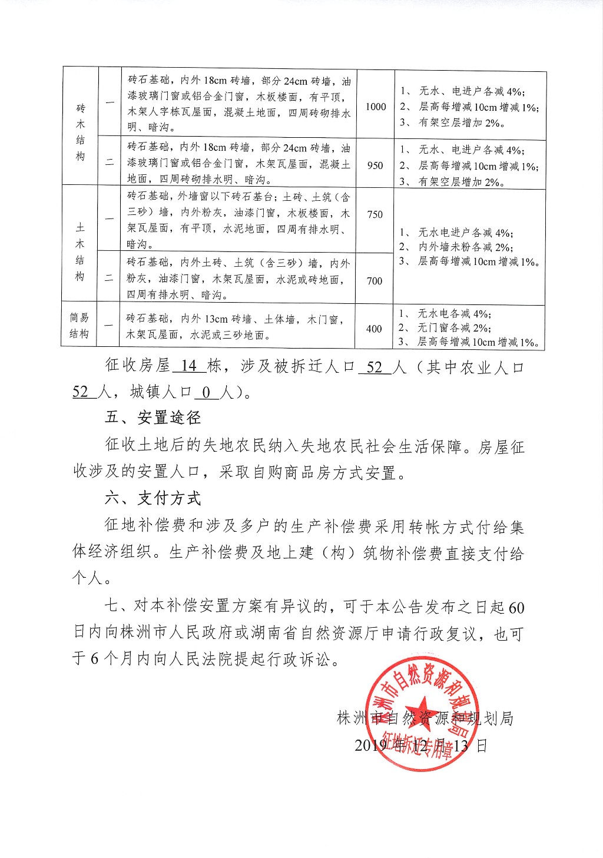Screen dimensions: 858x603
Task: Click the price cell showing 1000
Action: tap(376, 107)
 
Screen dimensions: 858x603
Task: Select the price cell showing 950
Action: tap(375, 165)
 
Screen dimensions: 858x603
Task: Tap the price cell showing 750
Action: tap(375, 214)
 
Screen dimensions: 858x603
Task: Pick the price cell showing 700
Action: tap(375, 281)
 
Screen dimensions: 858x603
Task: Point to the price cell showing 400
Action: tap(374, 329)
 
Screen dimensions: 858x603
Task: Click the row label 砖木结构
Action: tap(81, 132)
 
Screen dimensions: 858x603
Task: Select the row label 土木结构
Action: tap(80, 252)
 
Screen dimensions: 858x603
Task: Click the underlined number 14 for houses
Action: tap(189, 367)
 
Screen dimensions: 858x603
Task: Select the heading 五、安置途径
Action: tap(153, 418)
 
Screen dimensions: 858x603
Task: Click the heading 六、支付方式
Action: tap(153, 498)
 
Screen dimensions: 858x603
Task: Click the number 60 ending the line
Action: tap(515, 607)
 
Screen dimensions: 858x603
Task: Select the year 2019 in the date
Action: tap(369, 746)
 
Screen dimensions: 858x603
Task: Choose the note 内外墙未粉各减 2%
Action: tap(465, 247)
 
